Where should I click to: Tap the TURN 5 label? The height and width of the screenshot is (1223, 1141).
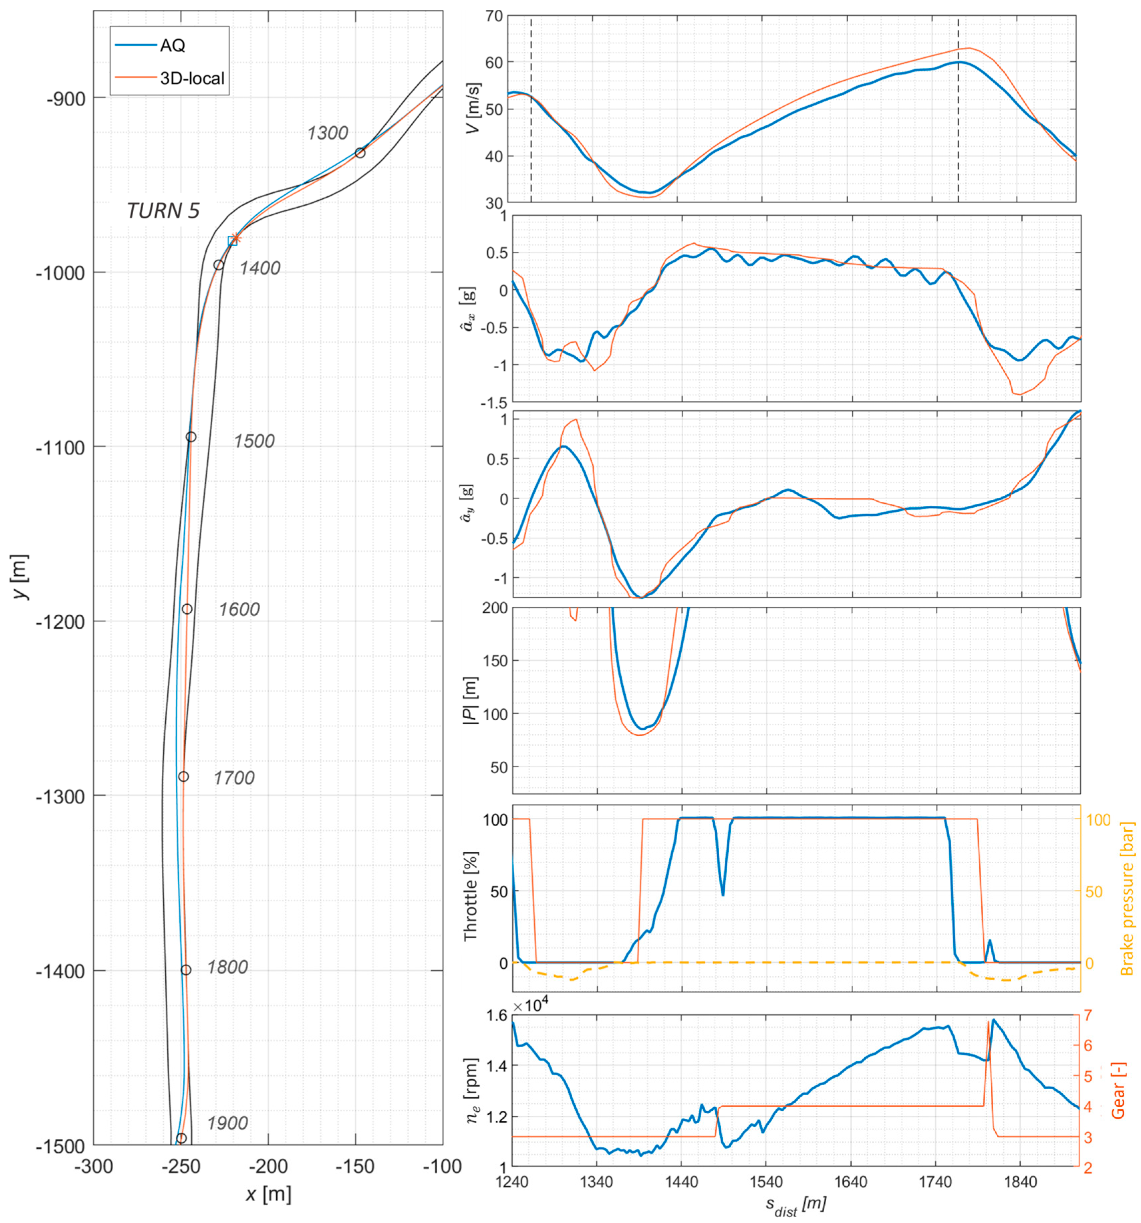pos(163,211)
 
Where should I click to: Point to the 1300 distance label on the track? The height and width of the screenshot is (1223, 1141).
pos(327,133)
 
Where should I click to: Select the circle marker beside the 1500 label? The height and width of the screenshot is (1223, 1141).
pos(191,437)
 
